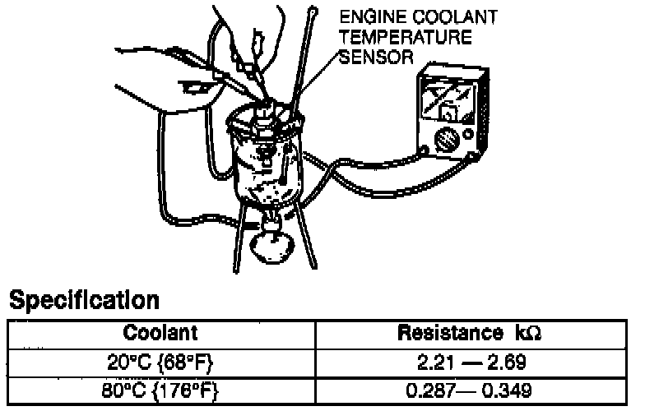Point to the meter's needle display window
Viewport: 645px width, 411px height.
[x=451, y=104]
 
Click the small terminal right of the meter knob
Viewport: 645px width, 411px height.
[x=468, y=134]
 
